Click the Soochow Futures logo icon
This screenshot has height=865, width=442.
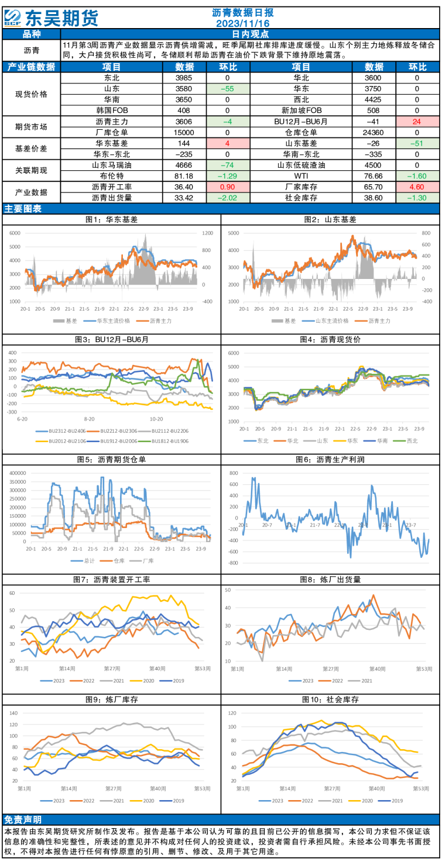coord(12,18)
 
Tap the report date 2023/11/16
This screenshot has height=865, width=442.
coord(242,23)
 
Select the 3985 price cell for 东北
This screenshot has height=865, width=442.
coord(184,78)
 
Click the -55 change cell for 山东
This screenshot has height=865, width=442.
coord(227,89)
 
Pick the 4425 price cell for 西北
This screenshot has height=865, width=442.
coord(373,99)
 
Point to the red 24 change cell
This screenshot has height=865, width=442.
coord(417,122)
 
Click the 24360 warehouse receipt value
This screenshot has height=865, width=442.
coord(373,132)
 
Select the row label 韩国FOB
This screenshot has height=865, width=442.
coord(112,111)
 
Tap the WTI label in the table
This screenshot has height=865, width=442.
coord(301,176)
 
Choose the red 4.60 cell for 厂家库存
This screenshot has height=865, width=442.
coord(417,187)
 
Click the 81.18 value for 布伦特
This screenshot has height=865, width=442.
coord(184,176)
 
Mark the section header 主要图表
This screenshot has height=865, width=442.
coord(23,209)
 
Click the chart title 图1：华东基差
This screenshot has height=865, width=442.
coord(111,220)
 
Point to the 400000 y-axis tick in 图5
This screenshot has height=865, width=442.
coord(18,473)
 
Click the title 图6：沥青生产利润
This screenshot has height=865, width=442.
coord(330,460)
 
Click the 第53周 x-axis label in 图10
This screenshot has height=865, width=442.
coord(421,788)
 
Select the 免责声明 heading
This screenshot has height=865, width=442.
coord(23,820)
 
